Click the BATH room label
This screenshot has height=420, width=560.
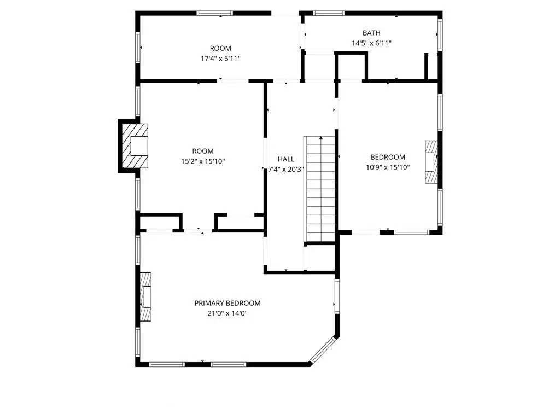pyautogui.click(x=371, y=33)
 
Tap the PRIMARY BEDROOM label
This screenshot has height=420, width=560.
pyautogui.click(x=227, y=303)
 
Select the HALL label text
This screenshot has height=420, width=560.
pyautogui.click(x=286, y=159)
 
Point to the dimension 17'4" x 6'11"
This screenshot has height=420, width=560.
pyautogui.click(x=220, y=59)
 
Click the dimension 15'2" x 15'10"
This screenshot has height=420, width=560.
pyautogui.click(x=203, y=161)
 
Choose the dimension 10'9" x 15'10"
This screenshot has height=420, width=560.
pyautogui.click(x=388, y=167)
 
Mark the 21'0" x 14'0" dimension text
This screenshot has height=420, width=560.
pyautogui.click(x=227, y=313)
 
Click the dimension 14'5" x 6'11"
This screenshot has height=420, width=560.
pyautogui.click(x=371, y=43)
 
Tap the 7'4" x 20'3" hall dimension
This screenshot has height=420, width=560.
pyautogui.click(x=286, y=170)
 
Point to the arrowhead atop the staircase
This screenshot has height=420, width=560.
pyautogui.click(x=321, y=138)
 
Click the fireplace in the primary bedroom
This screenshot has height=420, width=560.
pyautogui.click(x=145, y=297)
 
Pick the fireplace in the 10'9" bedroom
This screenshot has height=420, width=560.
pyautogui.click(x=431, y=162)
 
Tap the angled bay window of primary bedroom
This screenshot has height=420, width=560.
pyautogui.click(x=323, y=350)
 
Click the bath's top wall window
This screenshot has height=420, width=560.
pyautogui.click(x=329, y=13)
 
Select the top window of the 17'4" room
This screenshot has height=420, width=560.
pyautogui.click(x=214, y=13)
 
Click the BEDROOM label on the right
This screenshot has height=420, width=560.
pyautogui.click(x=388, y=157)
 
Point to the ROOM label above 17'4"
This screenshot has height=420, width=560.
pyautogui.click(x=220, y=48)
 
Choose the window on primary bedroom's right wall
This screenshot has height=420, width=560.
pyautogui.click(x=337, y=296)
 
